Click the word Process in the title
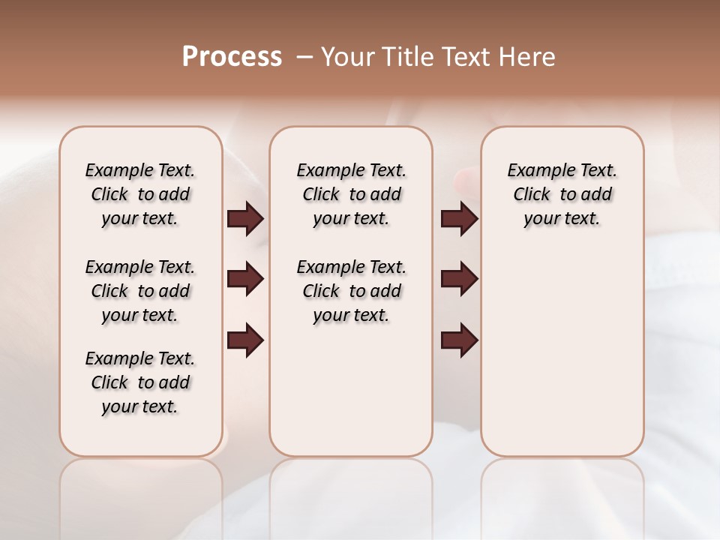point(232,57)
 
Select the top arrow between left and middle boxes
point(245,219)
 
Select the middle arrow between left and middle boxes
point(245,280)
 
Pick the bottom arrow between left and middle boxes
point(245,340)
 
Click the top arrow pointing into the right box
point(459,219)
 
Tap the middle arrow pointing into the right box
point(459,280)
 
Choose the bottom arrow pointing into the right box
point(459,340)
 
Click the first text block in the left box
point(140,194)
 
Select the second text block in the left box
point(140,291)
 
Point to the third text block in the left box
point(140,382)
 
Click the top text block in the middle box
point(351,194)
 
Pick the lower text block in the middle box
point(351,291)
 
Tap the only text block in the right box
point(562,194)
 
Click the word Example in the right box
point(535,170)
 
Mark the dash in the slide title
point(304,57)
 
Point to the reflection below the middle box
point(351,487)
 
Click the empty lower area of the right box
point(562,352)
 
